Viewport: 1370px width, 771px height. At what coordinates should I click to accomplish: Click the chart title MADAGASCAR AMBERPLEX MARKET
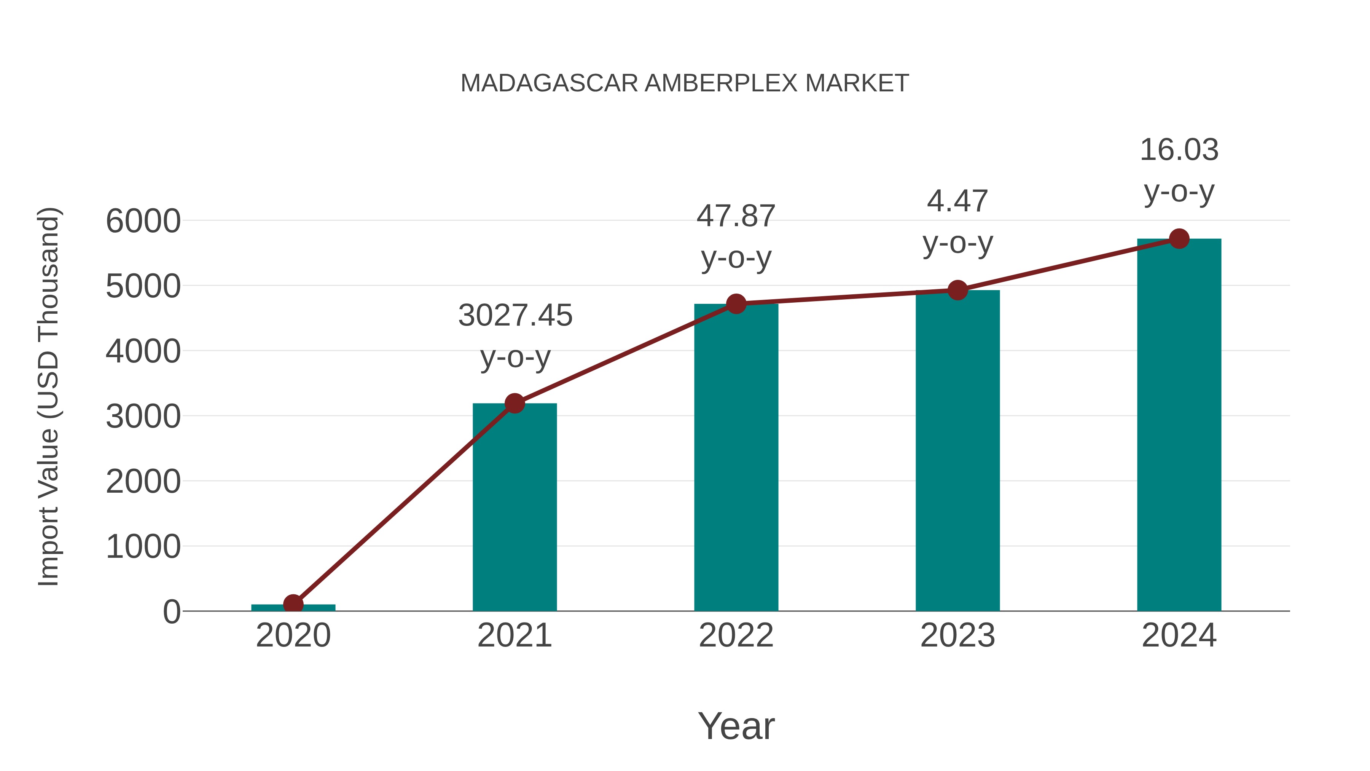(685, 83)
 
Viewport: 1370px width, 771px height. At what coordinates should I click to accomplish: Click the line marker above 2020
(293, 604)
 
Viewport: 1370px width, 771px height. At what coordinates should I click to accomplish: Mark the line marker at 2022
(736, 304)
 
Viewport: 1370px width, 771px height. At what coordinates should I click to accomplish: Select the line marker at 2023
(957, 290)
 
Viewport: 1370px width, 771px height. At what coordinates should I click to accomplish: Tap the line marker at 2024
(1179, 239)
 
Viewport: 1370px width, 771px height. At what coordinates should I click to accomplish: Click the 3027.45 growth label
(515, 316)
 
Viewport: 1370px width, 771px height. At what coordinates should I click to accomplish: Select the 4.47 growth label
(957, 201)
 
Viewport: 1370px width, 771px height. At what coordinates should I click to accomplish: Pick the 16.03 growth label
(1179, 150)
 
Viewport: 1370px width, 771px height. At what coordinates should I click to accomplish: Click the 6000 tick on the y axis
(143, 221)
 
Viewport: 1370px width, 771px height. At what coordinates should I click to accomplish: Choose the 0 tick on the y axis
(171, 611)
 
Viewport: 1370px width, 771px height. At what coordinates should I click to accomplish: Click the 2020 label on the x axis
(293, 635)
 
